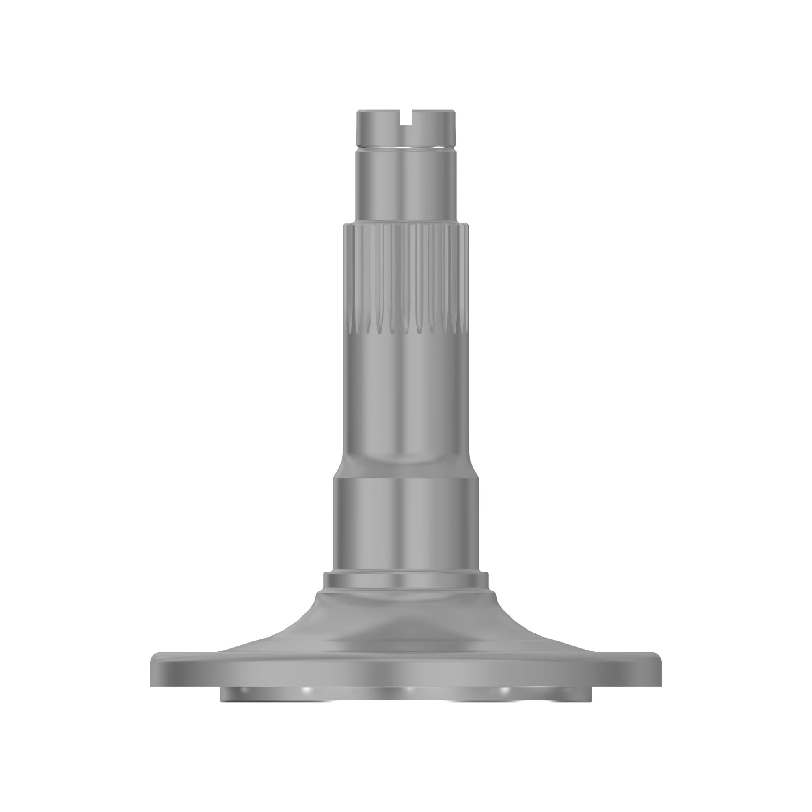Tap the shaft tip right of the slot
434,126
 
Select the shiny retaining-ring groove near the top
406,147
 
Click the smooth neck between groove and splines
406,185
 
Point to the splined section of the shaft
406,273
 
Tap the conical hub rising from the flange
406,622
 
